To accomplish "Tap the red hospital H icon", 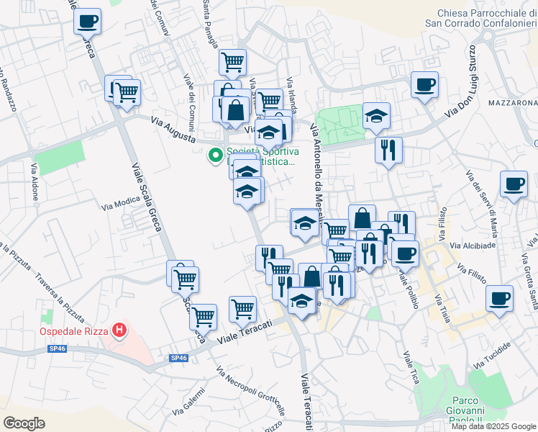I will tap(120, 331).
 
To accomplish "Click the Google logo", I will tap(25, 423).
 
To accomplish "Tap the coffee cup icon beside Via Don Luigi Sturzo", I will tap(424, 84).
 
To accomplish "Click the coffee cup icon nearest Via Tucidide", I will tap(499, 297).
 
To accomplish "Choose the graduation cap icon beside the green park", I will tap(376, 115).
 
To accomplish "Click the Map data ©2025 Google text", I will tap(493, 426).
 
